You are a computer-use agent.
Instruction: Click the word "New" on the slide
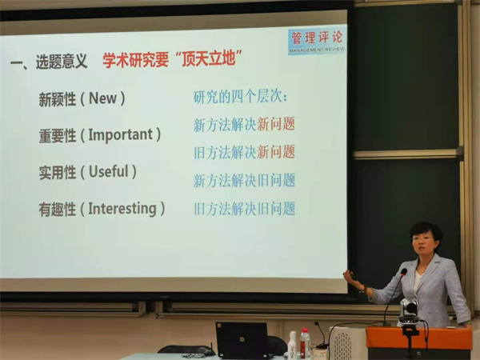[x=102, y=98]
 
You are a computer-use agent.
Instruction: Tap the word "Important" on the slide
[x=120, y=135]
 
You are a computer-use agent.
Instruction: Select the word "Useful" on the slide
[x=108, y=171]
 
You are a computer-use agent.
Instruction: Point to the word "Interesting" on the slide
[x=122, y=209]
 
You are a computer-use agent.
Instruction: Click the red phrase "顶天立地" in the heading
[x=209, y=58]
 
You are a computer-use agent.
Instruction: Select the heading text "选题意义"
[x=62, y=62]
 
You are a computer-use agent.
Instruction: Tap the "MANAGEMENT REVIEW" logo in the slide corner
[x=317, y=42]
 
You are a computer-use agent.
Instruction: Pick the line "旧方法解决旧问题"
[x=244, y=209]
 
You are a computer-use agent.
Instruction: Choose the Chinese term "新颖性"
[x=58, y=99]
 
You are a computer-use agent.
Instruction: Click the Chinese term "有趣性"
[x=58, y=210]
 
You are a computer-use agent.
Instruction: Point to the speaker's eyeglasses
[x=422, y=238]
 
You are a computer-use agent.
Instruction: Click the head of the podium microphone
[x=404, y=272]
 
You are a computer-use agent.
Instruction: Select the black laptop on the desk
[x=242, y=340]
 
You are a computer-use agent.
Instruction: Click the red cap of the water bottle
[x=305, y=331]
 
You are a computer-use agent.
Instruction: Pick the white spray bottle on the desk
[x=292, y=346]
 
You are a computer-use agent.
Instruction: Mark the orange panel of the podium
[x=419, y=338]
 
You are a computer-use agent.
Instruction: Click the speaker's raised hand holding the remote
[x=351, y=278]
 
